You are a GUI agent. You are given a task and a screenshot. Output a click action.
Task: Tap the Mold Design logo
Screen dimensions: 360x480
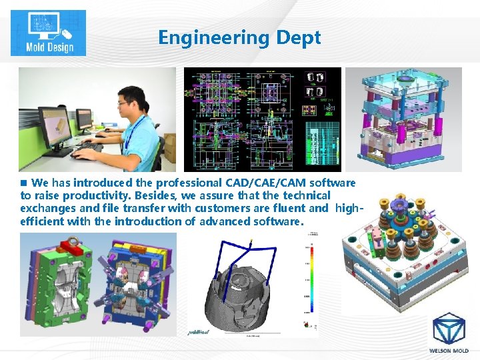[48, 33]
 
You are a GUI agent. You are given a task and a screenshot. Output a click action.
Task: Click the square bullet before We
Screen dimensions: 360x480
[24, 183]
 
